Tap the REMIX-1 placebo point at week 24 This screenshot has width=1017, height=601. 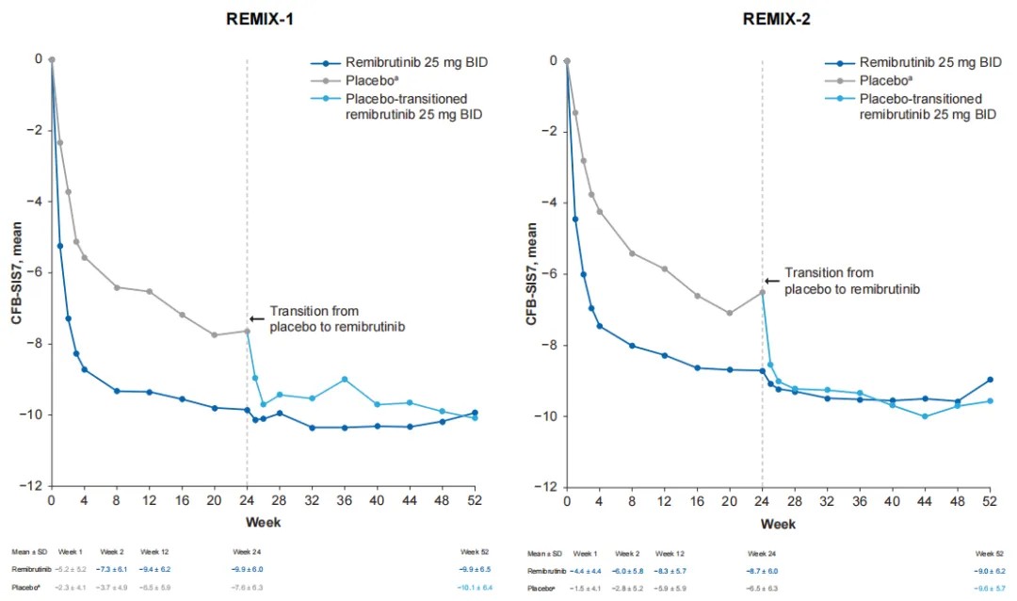[x=247, y=331]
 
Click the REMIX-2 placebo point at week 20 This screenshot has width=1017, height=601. [x=730, y=313]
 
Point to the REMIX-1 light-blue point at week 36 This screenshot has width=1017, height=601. [x=345, y=380]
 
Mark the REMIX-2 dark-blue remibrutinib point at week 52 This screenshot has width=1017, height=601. [x=990, y=380]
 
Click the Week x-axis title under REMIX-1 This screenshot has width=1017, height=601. [x=263, y=521]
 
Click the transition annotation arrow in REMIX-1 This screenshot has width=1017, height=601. [x=256, y=319]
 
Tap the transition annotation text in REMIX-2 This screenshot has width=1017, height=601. [x=852, y=281]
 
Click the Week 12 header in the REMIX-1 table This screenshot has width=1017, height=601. [x=154, y=551]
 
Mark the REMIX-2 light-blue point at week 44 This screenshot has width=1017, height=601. [x=925, y=416]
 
